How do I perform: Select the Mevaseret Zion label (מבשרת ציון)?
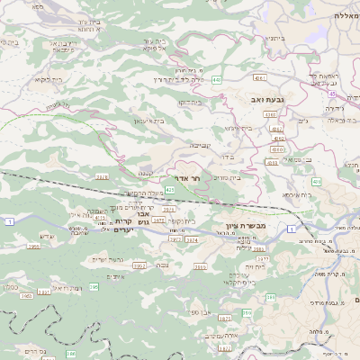click(x=245, y=228)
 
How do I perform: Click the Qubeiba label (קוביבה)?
click(x=199, y=144)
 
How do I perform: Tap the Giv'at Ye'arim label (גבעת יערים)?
click(x=115, y=259)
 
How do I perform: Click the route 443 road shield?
click(x=217, y=79)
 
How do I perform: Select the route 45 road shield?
click(x=332, y=93)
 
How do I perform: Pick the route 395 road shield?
click(x=94, y=287)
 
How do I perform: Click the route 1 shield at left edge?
click(x=8, y=220)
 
